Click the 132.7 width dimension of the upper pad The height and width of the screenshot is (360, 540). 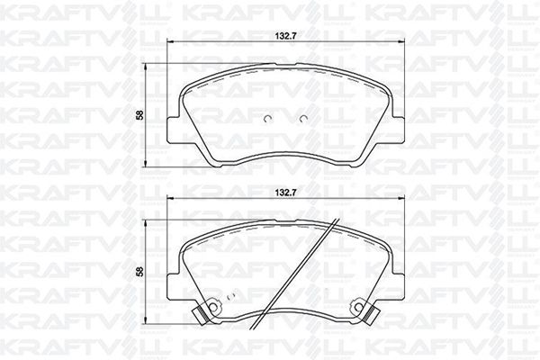point(285,35)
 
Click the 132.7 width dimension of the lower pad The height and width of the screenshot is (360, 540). point(285,193)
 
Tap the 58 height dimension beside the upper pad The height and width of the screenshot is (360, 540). point(139,115)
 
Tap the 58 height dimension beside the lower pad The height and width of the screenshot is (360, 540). point(139,272)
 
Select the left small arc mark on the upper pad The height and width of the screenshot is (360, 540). point(268,119)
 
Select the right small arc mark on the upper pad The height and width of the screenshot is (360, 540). point(302,119)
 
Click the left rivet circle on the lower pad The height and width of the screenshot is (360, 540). point(214,306)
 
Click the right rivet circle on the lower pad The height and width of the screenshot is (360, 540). point(358,306)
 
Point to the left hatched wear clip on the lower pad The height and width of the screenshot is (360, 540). point(200,315)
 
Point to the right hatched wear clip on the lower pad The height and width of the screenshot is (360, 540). point(373,315)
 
